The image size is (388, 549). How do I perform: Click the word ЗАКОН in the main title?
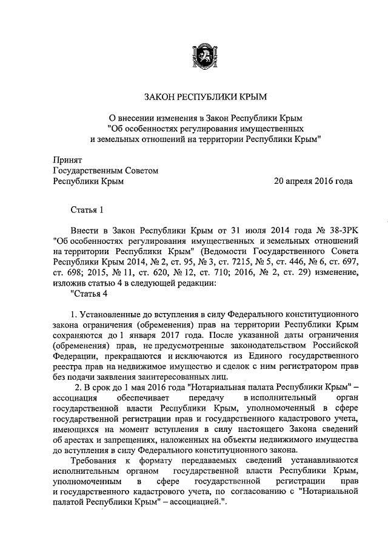159,96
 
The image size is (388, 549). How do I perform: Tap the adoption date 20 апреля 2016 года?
313,181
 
